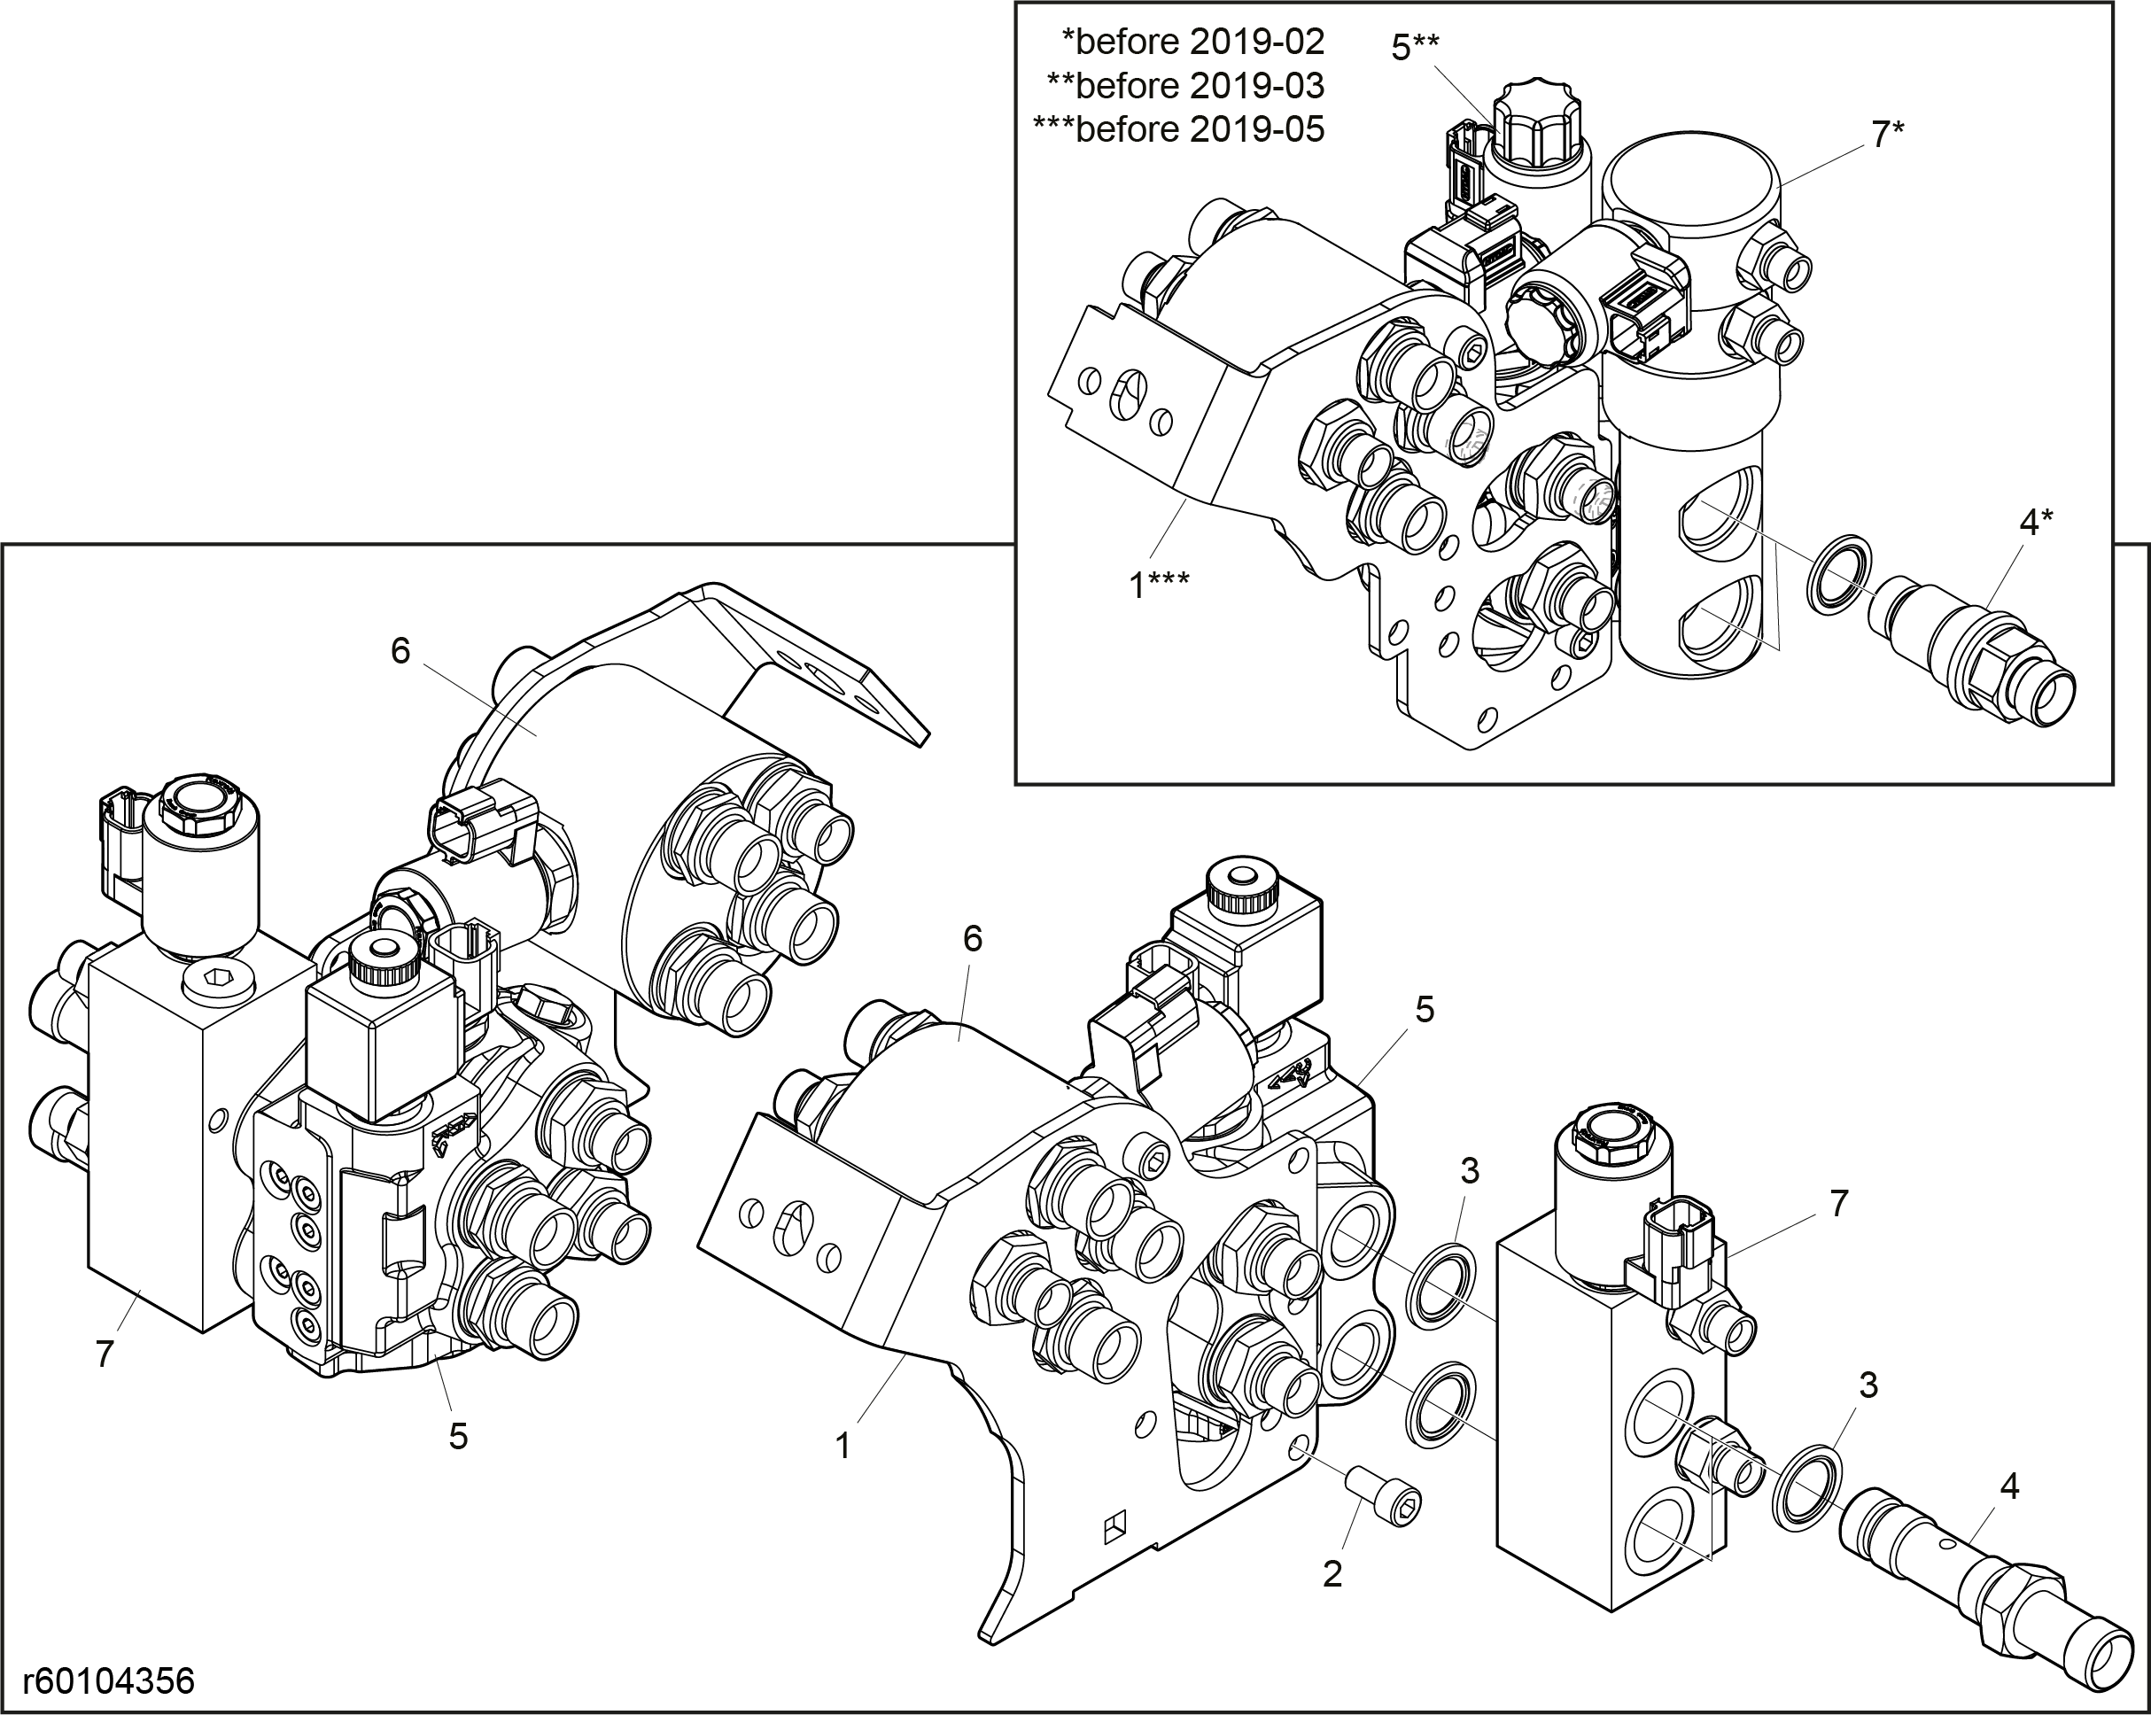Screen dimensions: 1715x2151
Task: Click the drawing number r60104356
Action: pos(109,1681)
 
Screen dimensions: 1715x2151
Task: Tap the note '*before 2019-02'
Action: pos(1192,41)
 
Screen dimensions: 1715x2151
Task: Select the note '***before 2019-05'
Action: pos(1178,128)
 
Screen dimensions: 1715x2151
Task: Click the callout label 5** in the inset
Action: pos(1416,46)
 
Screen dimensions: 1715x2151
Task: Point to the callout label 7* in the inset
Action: pos(1888,134)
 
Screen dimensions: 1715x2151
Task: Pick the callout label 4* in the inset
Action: pos(2036,521)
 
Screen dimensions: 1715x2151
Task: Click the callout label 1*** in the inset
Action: pos(1158,585)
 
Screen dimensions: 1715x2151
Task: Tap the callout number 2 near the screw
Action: pos(1332,1574)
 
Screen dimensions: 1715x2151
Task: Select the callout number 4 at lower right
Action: pos(2009,1486)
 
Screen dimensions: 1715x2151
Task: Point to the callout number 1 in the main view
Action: pos(843,1446)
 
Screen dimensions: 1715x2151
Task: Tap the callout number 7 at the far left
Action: pos(105,1354)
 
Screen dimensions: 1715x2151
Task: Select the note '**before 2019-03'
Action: pos(1185,85)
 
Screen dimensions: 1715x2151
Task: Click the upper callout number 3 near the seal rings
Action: pos(1470,1170)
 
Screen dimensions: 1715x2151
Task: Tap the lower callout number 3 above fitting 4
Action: pos(1868,1385)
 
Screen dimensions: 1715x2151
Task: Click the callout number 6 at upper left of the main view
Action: pos(400,650)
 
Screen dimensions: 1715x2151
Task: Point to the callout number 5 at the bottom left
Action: pos(458,1436)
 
